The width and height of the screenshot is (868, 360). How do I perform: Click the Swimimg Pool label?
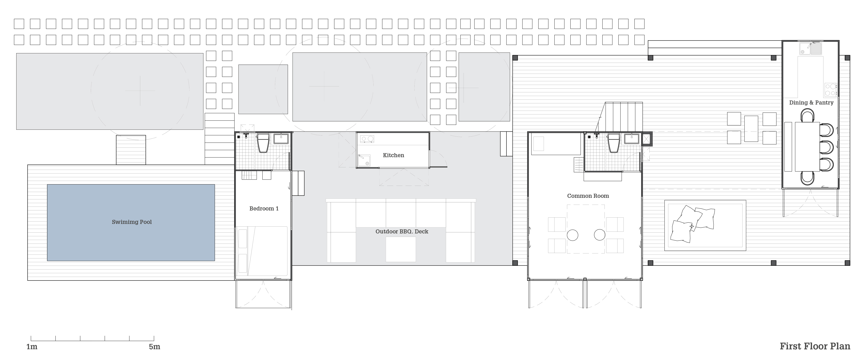pyautogui.click(x=132, y=222)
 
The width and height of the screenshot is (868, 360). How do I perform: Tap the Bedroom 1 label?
pyautogui.click(x=264, y=208)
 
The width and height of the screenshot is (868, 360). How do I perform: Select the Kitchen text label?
pyautogui.click(x=393, y=155)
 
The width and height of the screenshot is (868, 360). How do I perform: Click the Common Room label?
pyautogui.click(x=588, y=196)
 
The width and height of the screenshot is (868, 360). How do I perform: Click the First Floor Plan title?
pyautogui.click(x=815, y=346)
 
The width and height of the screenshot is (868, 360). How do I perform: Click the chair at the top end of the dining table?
pyautogui.click(x=808, y=117)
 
